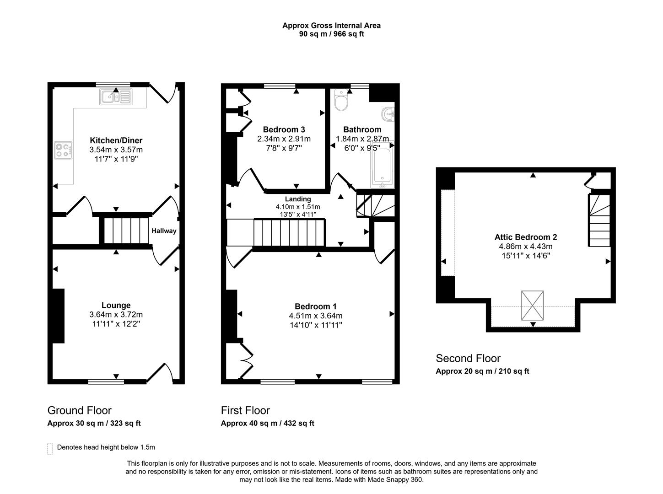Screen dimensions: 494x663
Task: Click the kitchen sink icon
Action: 116,97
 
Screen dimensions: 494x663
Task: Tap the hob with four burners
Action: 64,150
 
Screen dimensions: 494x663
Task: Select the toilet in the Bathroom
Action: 341,100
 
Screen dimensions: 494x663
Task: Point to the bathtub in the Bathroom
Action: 383,167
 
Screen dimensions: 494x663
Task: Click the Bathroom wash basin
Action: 388,113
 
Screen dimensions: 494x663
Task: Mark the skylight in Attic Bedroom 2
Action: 533,306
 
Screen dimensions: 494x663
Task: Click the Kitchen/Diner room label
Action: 116,140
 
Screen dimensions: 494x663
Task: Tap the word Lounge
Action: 116,305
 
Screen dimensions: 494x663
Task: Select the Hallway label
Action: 164,231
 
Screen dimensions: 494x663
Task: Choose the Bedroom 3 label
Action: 284,129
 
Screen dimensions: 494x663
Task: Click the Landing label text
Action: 298,199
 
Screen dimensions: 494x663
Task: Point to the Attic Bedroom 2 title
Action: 525,237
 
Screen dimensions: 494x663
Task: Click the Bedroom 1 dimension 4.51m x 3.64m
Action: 315,316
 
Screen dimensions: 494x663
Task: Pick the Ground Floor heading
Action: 79,410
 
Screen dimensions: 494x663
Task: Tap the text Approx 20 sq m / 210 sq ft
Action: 482,371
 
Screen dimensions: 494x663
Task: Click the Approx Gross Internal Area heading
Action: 331,26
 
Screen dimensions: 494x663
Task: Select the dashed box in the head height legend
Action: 50,448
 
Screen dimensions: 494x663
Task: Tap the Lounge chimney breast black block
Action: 58,316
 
